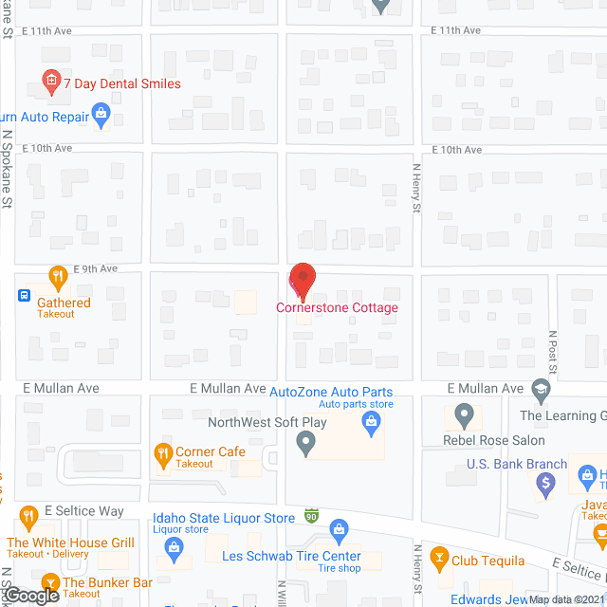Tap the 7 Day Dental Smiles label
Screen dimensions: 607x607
point(120,83)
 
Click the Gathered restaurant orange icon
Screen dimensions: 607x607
point(58,278)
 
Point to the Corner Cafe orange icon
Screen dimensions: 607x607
point(162,452)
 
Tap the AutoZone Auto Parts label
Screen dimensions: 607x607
point(331,392)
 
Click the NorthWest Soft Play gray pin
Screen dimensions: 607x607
point(305,441)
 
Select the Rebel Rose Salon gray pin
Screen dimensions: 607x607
point(464,414)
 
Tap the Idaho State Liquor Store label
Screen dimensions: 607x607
point(224,518)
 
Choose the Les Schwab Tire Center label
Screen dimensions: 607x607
point(291,556)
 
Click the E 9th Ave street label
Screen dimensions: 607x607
point(96,268)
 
